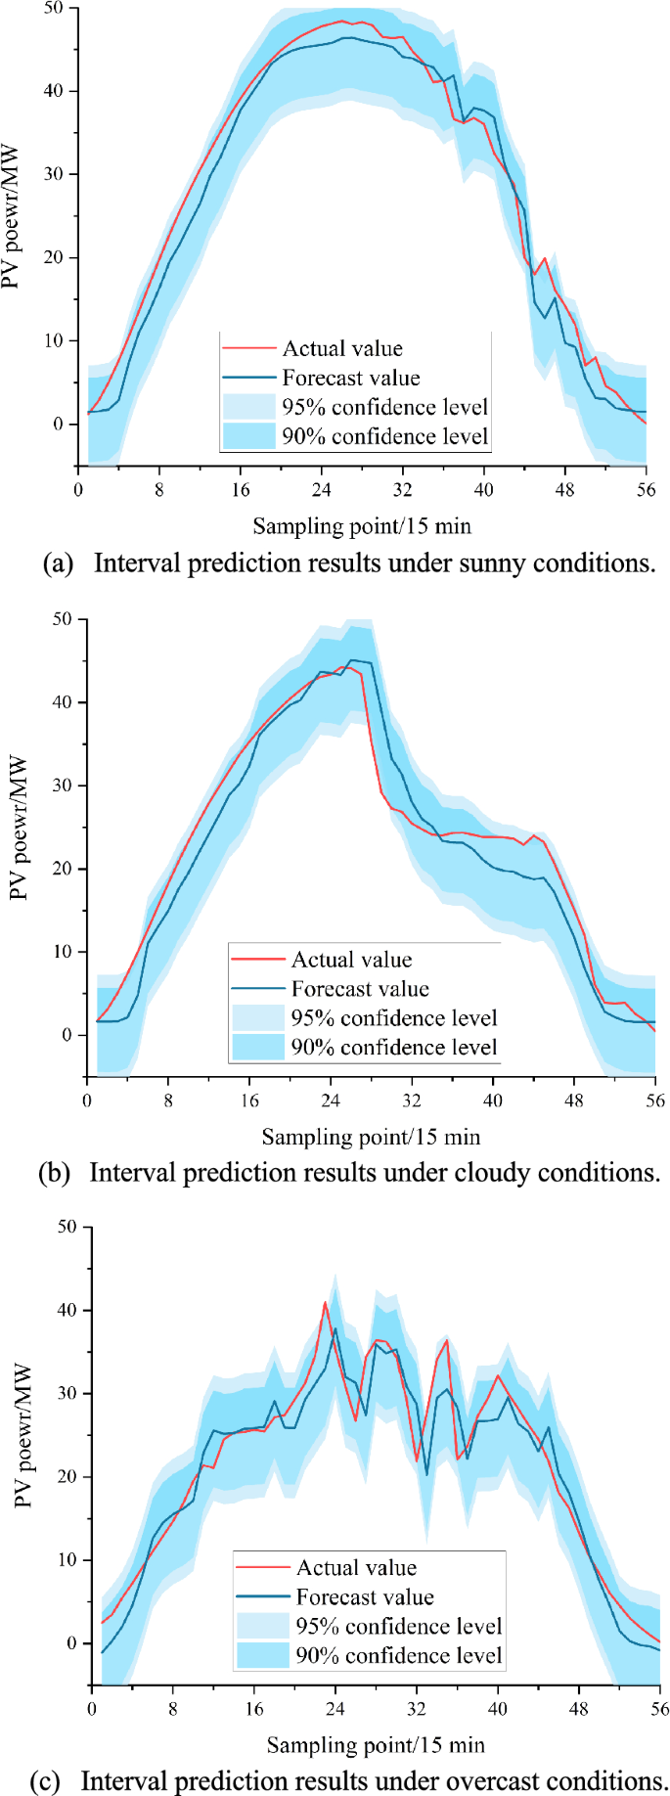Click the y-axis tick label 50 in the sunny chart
53,9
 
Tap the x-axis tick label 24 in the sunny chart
321,490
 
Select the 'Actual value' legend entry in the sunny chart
341,348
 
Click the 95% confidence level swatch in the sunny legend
249,407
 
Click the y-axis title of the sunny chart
11,218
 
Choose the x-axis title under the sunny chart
362,526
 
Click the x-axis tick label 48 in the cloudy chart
573,1100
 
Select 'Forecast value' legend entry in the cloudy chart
359,989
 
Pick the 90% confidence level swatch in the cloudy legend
258,1048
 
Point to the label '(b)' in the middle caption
54,1173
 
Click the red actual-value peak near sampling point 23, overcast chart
326,1303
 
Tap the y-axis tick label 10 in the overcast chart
67,1560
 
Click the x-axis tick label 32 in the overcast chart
417,1709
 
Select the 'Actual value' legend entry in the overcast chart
356,1568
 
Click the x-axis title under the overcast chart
376,1745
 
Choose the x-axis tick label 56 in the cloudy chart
654,1100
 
